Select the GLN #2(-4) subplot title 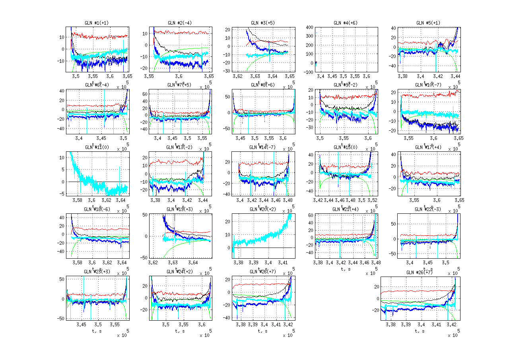click(x=179, y=23)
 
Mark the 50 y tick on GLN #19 click(x=146, y=215)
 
